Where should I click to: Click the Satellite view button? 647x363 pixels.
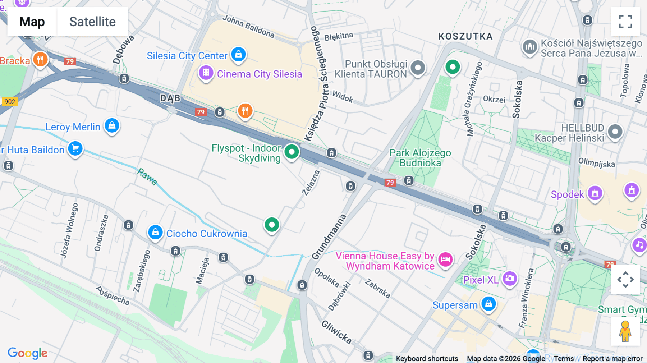point(92,22)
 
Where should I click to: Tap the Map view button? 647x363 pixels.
point(32,22)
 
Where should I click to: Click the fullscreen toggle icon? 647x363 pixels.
point(625,22)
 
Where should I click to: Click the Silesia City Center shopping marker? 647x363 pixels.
point(238,55)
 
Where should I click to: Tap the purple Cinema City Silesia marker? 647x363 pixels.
point(206,73)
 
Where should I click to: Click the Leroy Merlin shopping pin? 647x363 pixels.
point(112,126)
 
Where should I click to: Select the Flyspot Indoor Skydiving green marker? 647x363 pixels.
point(292,152)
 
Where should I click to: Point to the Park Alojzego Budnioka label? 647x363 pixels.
point(420,158)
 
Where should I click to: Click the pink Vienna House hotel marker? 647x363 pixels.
point(445,259)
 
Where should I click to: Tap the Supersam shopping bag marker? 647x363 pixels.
point(488,304)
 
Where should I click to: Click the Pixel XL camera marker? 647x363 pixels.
point(509,279)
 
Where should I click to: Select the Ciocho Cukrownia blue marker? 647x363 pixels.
point(155,233)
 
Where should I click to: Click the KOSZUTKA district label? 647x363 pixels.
point(465,36)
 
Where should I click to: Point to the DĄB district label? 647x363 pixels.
point(170,98)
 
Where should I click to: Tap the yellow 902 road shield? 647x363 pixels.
point(10,102)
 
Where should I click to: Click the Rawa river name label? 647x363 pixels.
point(147,176)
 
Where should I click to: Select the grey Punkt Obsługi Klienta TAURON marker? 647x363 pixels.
point(418,68)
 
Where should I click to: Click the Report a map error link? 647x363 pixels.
point(612,359)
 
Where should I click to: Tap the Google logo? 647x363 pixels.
point(27,353)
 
